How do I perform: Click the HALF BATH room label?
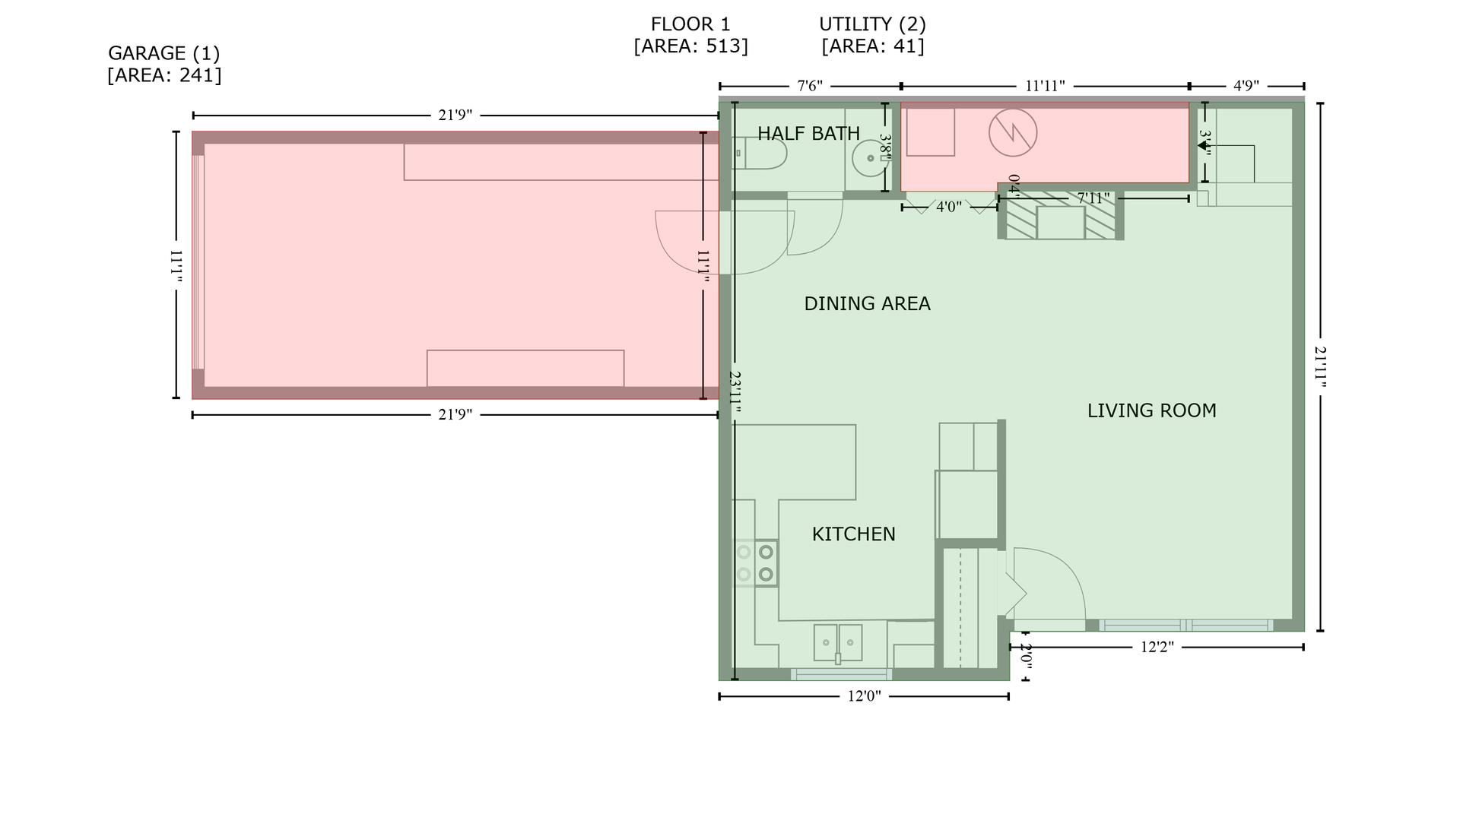[x=808, y=134]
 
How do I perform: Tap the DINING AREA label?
[x=867, y=304]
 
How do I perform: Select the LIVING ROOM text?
[x=1151, y=411]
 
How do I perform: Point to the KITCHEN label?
[x=853, y=534]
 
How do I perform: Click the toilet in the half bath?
[x=760, y=154]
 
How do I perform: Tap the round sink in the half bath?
[x=870, y=158]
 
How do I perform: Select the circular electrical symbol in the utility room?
[x=1013, y=132]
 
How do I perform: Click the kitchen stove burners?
[x=756, y=563]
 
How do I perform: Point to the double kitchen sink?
[x=838, y=643]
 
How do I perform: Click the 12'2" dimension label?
[x=1157, y=648]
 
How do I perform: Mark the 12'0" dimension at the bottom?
[x=864, y=696]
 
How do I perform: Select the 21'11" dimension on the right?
[x=1320, y=367]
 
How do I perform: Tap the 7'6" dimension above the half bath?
[x=810, y=86]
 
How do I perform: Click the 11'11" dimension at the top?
[x=1045, y=86]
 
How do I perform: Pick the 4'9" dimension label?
[x=1246, y=86]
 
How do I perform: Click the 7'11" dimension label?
[x=1093, y=198]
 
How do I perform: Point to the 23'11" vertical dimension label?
[x=735, y=392]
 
